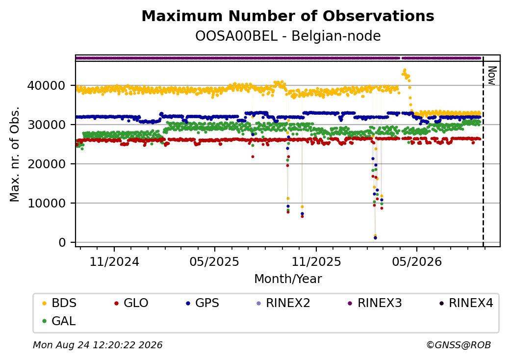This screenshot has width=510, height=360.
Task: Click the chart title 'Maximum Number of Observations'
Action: click(x=288, y=16)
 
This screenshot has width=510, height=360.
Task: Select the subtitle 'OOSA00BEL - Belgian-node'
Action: click(x=288, y=36)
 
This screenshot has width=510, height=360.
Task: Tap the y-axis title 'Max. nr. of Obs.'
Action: click(x=15, y=154)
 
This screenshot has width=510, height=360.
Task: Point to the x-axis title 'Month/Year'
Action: click(x=288, y=279)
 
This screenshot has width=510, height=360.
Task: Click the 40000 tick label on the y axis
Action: click(x=47, y=86)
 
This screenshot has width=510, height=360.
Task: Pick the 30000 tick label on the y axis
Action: click(x=47, y=125)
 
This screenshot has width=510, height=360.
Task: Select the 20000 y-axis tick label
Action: click(x=47, y=164)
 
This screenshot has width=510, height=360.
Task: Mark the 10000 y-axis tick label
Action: click(x=47, y=204)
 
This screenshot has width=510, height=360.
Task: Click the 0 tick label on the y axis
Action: click(x=62, y=243)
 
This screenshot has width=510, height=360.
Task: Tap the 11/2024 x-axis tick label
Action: click(x=114, y=262)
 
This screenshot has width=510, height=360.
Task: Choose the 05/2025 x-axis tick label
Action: click(x=214, y=262)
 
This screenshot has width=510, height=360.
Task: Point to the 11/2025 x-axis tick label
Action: click(x=316, y=262)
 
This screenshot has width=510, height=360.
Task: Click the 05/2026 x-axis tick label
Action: click(x=417, y=262)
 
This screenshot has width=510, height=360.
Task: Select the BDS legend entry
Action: click(x=59, y=303)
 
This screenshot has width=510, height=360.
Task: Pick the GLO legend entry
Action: click(x=131, y=303)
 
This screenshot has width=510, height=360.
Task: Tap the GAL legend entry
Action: click(x=59, y=321)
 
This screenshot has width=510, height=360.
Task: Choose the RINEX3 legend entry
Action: click(x=375, y=303)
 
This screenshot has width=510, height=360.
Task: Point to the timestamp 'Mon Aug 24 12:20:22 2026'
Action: click(x=98, y=345)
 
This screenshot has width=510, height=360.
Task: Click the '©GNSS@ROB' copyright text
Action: click(x=459, y=345)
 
